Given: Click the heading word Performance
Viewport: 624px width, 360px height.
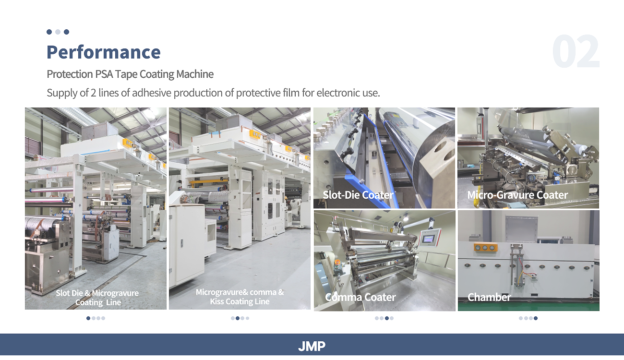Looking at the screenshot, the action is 103,52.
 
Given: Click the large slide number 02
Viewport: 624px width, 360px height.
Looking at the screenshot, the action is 576,51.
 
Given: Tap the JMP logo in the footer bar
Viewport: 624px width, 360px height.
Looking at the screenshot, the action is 312,346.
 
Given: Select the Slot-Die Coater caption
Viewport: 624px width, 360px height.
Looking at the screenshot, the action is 358,195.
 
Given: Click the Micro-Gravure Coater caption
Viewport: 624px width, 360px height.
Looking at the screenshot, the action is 517,195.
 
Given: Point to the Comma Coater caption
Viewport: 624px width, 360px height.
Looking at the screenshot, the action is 360,297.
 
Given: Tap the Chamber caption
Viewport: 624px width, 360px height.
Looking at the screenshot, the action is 489,297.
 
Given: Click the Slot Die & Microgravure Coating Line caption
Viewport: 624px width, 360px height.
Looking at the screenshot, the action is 97,298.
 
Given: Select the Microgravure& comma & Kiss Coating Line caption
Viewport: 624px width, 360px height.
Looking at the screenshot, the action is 240,297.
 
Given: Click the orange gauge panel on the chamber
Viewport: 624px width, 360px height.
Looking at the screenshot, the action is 486,248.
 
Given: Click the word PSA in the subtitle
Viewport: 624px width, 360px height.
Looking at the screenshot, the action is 104,74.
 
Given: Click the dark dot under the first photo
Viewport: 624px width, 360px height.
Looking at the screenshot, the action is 88,318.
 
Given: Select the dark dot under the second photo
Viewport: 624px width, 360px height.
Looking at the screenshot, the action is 238,318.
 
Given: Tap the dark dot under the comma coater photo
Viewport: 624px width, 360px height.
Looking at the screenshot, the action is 387,318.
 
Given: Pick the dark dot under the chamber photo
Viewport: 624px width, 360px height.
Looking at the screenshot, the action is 535,318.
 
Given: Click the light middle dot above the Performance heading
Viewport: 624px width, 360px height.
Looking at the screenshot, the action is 58,32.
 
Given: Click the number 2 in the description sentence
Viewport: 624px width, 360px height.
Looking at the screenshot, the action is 93,93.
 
